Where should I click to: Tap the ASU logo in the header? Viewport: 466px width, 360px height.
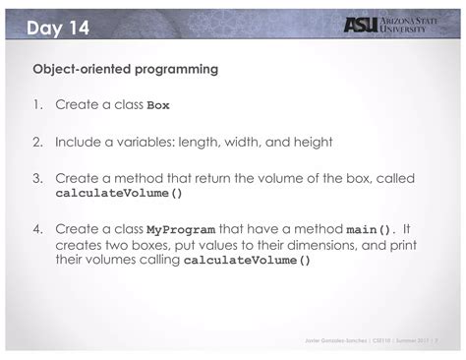click(361, 26)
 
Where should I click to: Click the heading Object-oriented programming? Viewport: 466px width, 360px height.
click(125, 71)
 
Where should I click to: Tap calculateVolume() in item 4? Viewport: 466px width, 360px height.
click(248, 262)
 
